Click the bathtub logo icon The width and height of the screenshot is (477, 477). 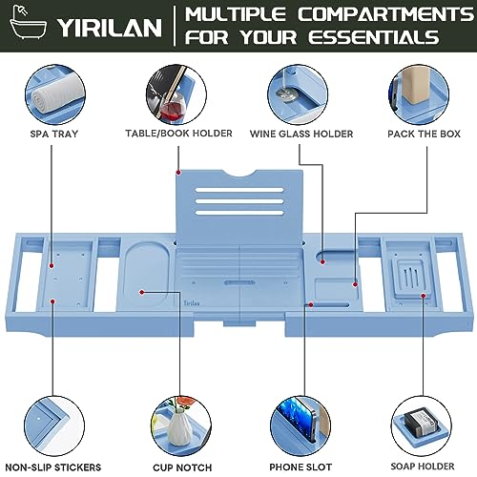coord(28,23)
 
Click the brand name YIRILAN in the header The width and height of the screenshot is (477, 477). coord(110,27)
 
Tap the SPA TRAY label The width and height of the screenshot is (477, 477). coord(54,134)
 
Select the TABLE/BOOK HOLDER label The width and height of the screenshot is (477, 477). coord(178,134)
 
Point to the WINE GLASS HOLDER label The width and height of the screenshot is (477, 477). coord(301,134)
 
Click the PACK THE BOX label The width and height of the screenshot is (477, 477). coord(424,134)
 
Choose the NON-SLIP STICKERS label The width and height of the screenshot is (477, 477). coord(53,467)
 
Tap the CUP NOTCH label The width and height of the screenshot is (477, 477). coord(182,467)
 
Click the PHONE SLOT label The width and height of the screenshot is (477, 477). coord(301,467)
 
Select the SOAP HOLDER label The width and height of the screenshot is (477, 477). coord(423,467)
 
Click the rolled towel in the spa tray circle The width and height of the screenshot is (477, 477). coord(57,94)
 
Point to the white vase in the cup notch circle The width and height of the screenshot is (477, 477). coord(179,426)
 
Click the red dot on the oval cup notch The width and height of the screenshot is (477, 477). coord(142,292)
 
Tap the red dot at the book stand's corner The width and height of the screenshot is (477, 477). coord(178,173)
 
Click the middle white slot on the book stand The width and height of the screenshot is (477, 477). coord(239,201)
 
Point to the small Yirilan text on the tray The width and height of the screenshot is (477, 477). coord(192,303)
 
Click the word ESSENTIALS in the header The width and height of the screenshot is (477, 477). coord(374,37)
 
